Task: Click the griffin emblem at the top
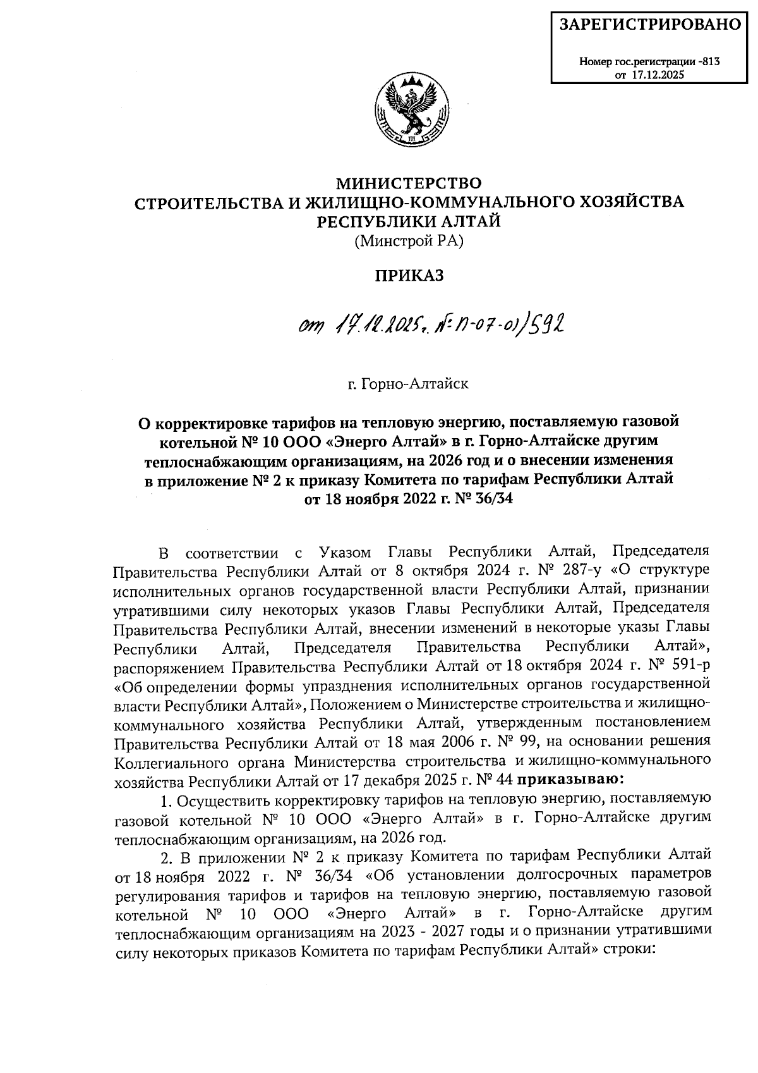409,111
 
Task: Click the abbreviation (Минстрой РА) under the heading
409,241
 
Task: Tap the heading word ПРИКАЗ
409,276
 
